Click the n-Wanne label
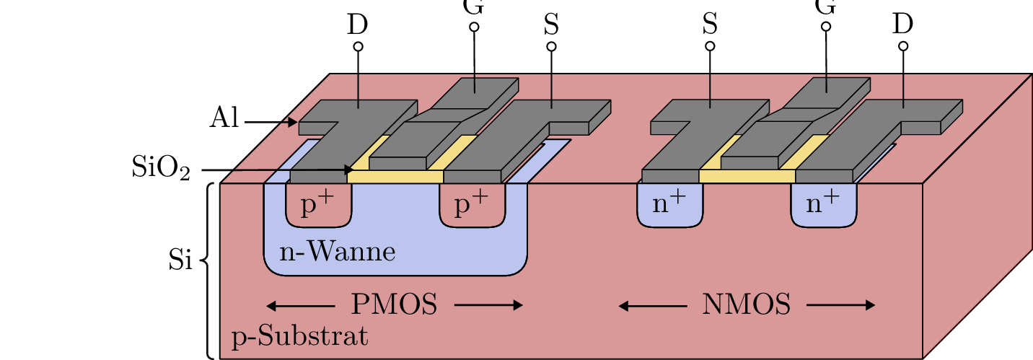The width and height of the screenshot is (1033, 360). pyautogui.click(x=337, y=253)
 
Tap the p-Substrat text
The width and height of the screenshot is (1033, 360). pyautogui.click(x=299, y=337)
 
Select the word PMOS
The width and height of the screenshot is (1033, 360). pyautogui.click(x=394, y=305)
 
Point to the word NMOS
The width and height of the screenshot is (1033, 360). pyautogui.click(x=746, y=305)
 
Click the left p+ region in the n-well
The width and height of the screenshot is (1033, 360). pyautogui.click(x=318, y=206)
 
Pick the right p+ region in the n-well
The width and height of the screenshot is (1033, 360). pyautogui.click(x=472, y=206)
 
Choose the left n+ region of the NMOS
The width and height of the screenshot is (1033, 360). pyautogui.click(x=669, y=205)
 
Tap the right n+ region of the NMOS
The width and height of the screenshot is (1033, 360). pyautogui.click(x=823, y=205)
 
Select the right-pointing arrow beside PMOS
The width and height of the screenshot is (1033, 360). pyautogui.click(x=488, y=305)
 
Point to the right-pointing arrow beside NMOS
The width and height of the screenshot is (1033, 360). pyautogui.click(x=840, y=306)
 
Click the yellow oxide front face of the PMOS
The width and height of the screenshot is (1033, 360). pyautogui.click(x=395, y=177)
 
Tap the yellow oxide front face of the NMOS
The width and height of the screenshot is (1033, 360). pyautogui.click(x=747, y=176)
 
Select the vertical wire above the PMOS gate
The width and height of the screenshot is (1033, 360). pyautogui.click(x=474, y=82)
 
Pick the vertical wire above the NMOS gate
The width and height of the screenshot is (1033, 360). pyautogui.click(x=826, y=82)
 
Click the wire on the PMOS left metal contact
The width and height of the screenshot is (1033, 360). pyautogui.click(x=359, y=90)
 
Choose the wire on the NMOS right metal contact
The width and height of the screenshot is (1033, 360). pyautogui.click(x=903, y=90)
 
